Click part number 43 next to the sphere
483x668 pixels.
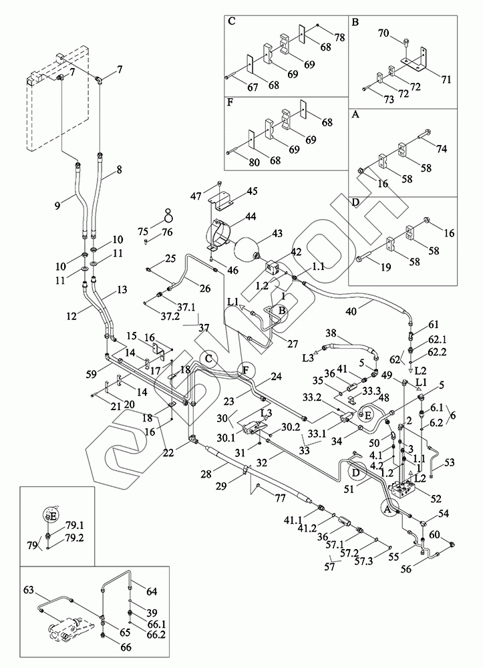tap(277, 234)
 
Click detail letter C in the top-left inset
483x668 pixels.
tap(232, 21)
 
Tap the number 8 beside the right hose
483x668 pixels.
tap(119, 170)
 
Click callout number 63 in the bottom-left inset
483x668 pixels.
tap(29, 591)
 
